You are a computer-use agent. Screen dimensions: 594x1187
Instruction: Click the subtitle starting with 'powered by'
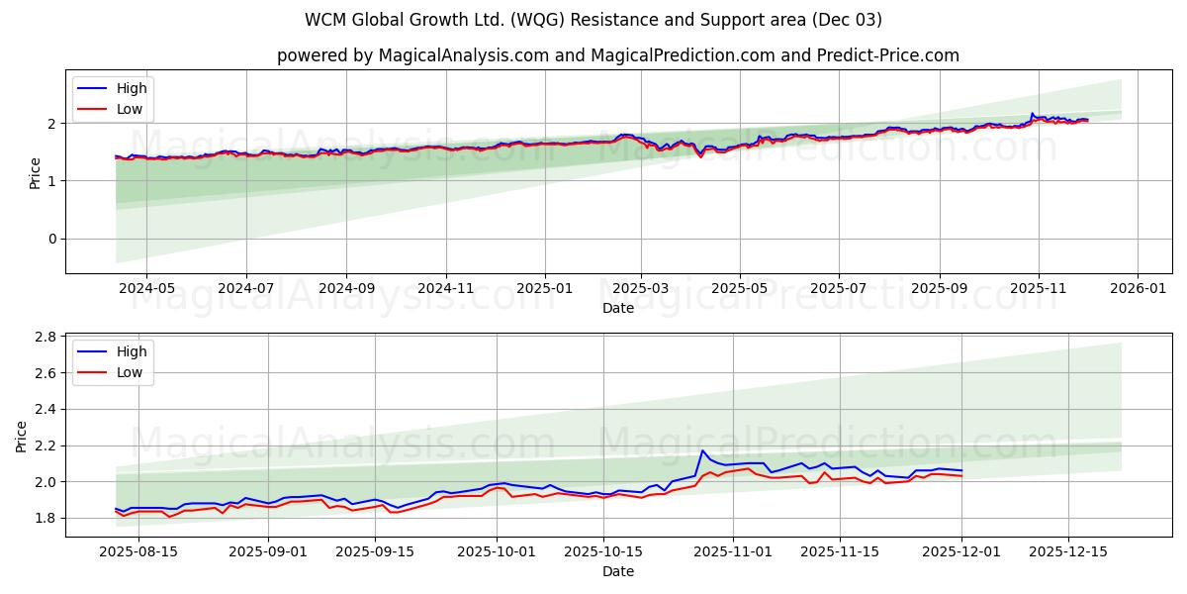click(x=617, y=55)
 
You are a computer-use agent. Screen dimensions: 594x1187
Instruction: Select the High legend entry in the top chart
click(x=131, y=88)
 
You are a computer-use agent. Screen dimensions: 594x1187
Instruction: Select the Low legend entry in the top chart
click(x=129, y=109)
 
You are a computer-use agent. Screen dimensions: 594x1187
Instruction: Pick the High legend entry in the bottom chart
click(x=131, y=351)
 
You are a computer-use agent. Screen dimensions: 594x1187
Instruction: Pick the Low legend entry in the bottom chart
click(x=129, y=372)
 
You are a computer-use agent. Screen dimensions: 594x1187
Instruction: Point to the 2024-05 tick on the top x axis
click(x=146, y=288)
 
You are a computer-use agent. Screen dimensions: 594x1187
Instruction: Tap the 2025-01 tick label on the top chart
click(x=545, y=288)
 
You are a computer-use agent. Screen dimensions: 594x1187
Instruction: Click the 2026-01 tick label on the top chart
click(x=1137, y=288)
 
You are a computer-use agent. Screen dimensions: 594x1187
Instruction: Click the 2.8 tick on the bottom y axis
click(x=46, y=338)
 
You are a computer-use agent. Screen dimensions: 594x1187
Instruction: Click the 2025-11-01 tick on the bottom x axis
click(x=733, y=551)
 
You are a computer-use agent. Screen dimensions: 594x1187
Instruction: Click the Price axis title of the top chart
click(x=36, y=172)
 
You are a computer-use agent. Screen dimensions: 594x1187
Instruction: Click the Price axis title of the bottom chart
click(x=22, y=436)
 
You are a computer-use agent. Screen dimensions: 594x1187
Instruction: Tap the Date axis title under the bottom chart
click(x=617, y=571)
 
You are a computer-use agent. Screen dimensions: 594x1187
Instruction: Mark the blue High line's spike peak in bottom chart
click(x=702, y=450)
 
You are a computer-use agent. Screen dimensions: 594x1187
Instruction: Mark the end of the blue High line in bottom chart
click(x=961, y=470)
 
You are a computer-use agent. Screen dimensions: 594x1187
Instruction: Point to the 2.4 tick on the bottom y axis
click(x=46, y=410)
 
